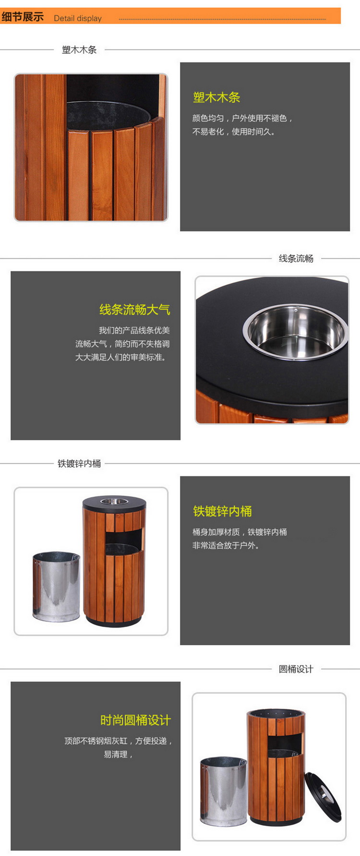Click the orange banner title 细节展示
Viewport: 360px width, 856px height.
pyautogui.click(x=23, y=17)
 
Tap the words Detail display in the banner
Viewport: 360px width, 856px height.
pyautogui.click(x=78, y=18)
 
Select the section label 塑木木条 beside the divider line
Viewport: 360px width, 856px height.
pyautogui.click(x=79, y=49)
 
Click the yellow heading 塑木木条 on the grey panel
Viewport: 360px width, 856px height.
pyautogui.click(x=216, y=97)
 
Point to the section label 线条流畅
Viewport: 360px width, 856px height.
pyautogui.click(x=296, y=258)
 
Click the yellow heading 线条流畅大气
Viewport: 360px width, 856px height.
pyautogui.click(x=135, y=310)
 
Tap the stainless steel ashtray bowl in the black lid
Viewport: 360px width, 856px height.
pyautogui.click(x=296, y=331)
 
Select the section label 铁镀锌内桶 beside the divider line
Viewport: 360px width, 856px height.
pyautogui.click(x=79, y=463)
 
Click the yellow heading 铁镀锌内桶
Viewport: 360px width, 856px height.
pyautogui.click(x=222, y=511)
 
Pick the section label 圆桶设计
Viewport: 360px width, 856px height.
pyautogui.click(x=296, y=669)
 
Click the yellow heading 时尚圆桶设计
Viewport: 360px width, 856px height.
pyautogui.click(x=135, y=720)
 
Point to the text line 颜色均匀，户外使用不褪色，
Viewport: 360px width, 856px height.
pyautogui.click(x=242, y=118)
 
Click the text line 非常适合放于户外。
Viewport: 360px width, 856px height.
pyautogui.click(x=226, y=545)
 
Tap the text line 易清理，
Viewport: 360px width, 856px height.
pyautogui.click(x=118, y=754)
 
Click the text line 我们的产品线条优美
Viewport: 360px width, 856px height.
pyautogui.click(x=134, y=330)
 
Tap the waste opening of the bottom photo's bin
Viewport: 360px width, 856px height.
pyautogui.click(x=285, y=742)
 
